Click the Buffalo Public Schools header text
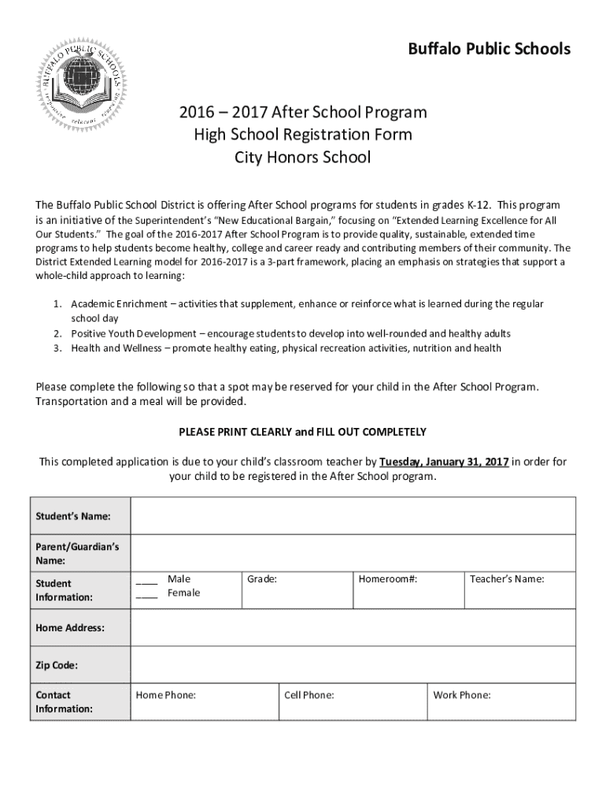(489, 49)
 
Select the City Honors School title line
(303, 157)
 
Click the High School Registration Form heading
(303, 135)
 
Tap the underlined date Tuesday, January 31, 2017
(444, 462)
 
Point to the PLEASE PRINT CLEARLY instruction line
(303, 432)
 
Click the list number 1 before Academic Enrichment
(57, 304)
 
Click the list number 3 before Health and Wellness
(57, 348)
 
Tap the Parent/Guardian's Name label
(72, 553)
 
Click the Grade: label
(262, 579)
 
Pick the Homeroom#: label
(388, 579)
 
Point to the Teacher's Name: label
(507, 579)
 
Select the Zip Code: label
(57, 666)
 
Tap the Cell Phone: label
(309, 695)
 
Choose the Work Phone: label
(462, 695)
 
